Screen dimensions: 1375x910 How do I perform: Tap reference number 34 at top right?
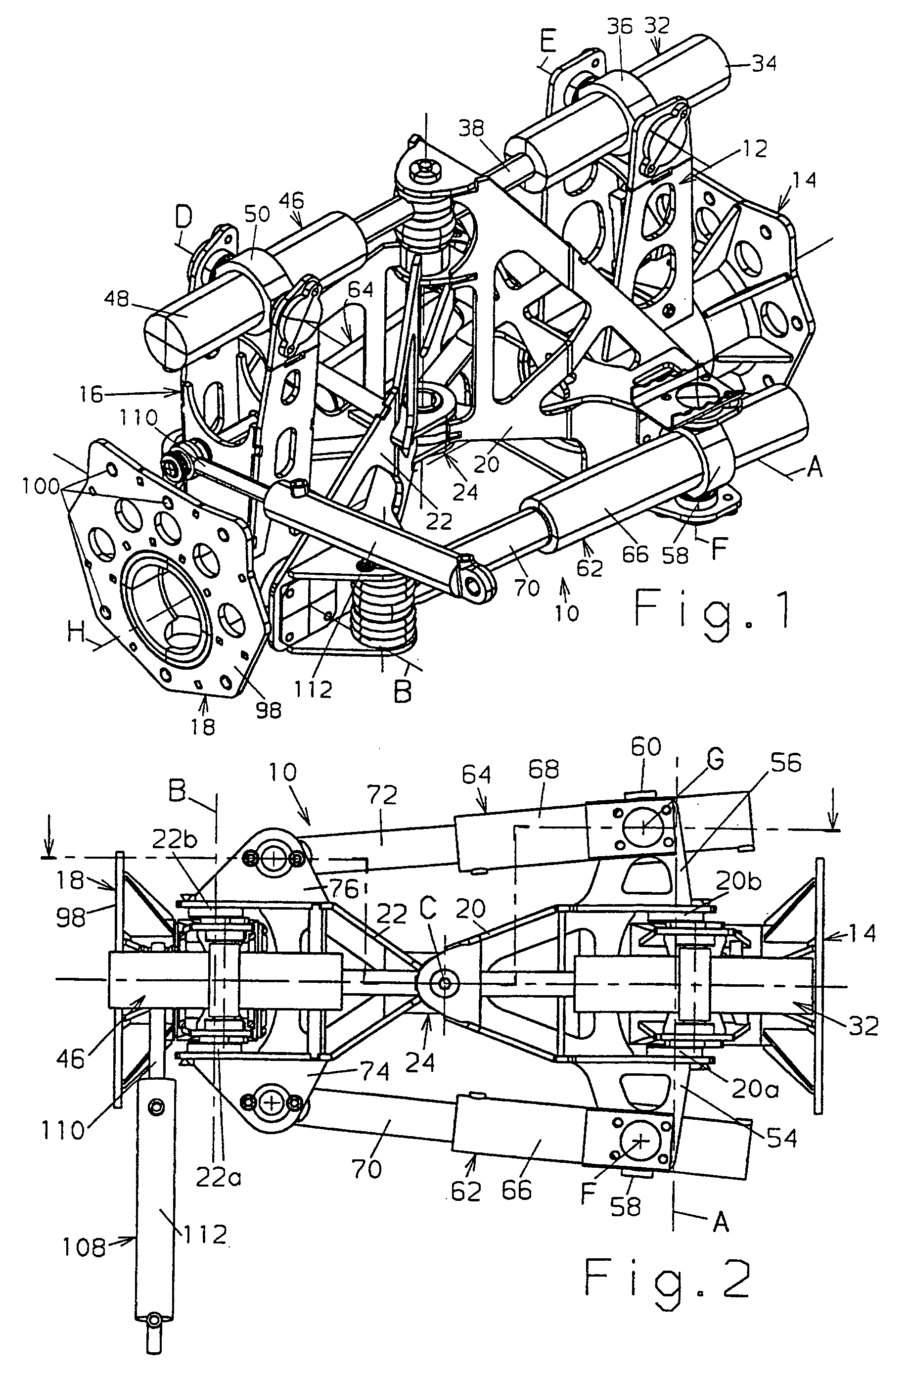(x=763, y=63)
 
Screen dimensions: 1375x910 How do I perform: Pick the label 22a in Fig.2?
(x=219, y=1178)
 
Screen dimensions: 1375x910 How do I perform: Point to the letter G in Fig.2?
(x=716, y=761)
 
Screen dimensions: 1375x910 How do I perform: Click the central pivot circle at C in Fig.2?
(x=445, y=983)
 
